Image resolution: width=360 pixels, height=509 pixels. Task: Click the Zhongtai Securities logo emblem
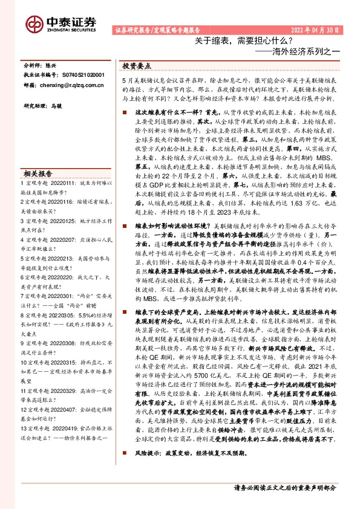34,23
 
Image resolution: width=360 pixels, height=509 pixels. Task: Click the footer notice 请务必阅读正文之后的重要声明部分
284,487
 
